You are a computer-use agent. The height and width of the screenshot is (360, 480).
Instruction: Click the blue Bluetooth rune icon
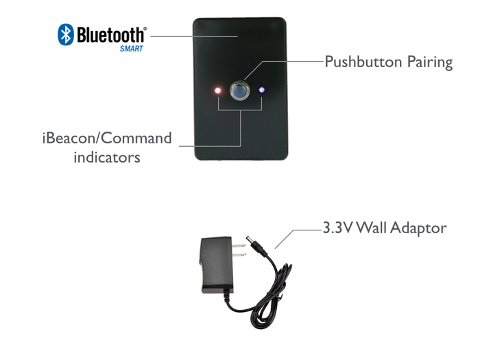pos(66,34)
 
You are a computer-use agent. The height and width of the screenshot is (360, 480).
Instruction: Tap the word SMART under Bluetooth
pos(132,49)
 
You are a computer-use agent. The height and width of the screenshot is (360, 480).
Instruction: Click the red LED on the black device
pos(218,91)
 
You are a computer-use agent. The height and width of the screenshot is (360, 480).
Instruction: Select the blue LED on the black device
pos(262,90)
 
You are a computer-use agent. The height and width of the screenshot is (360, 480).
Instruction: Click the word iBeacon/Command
pos(106,139)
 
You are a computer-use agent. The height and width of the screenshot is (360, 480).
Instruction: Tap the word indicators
pos(106,157)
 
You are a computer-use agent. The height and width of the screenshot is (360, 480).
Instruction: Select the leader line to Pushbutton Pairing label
pos(288,62)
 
